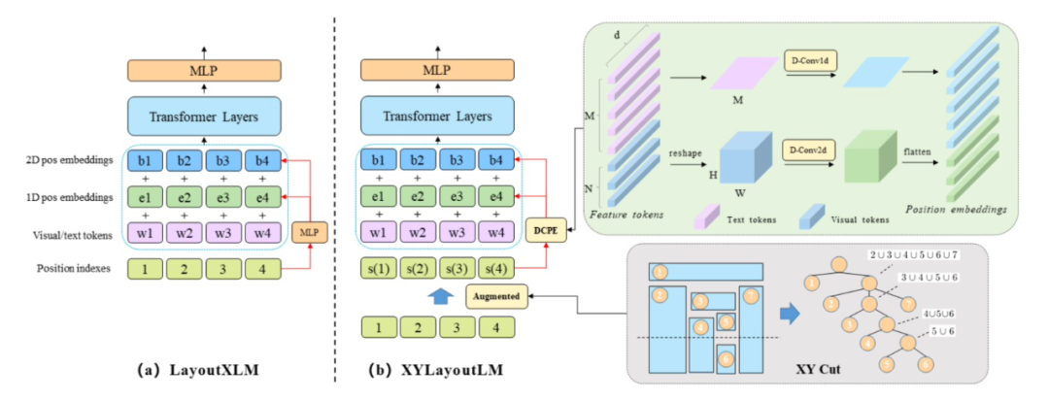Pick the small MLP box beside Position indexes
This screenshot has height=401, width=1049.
(309, 232)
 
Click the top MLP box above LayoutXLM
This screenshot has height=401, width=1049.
(203, 70)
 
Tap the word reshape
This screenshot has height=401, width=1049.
(679, 152)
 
